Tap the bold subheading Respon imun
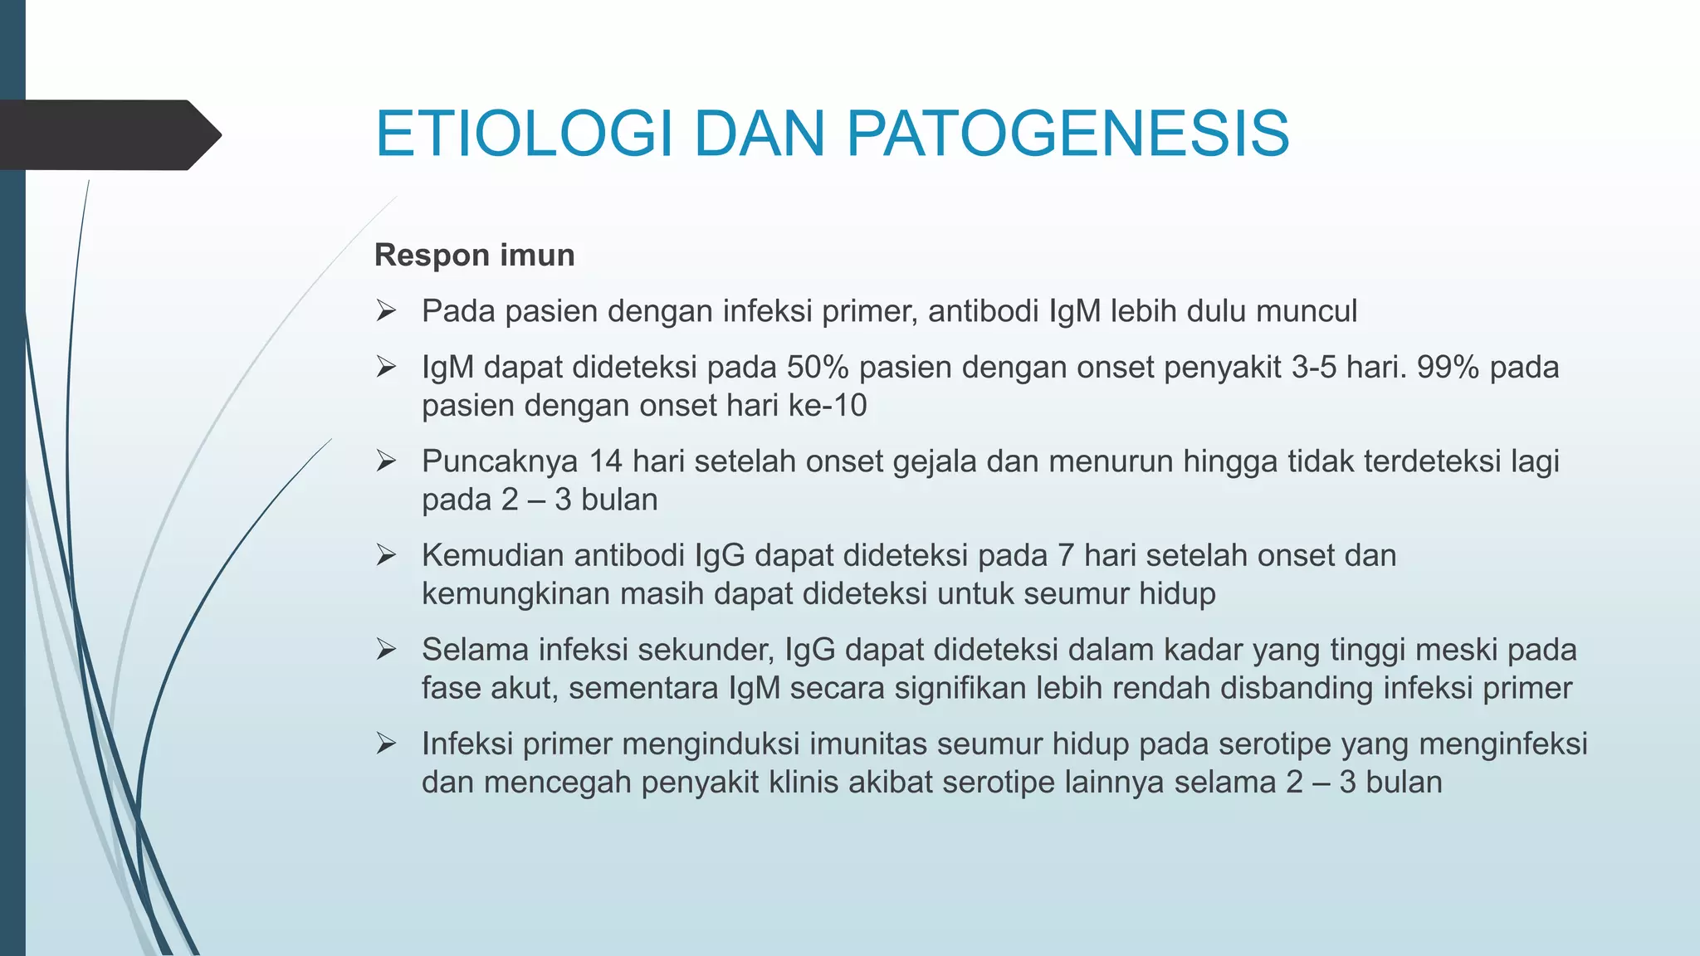474,255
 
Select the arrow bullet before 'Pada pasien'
385,311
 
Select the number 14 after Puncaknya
606,461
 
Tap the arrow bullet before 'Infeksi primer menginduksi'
385,744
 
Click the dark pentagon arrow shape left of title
108,135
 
